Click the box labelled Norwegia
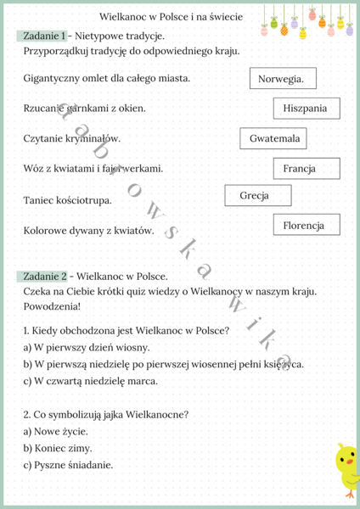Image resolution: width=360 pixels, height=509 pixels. [282, 79]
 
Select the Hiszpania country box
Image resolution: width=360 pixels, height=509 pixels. [306, 109]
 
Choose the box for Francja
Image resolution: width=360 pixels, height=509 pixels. [306, 168]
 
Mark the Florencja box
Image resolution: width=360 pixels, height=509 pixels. [305, 225]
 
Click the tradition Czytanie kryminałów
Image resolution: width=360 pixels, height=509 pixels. [72, 138]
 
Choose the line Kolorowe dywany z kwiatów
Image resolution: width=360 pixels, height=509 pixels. [88, 230]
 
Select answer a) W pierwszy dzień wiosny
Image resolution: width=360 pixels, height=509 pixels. [75, 347]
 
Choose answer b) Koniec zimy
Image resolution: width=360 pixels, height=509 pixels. [58, 448]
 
